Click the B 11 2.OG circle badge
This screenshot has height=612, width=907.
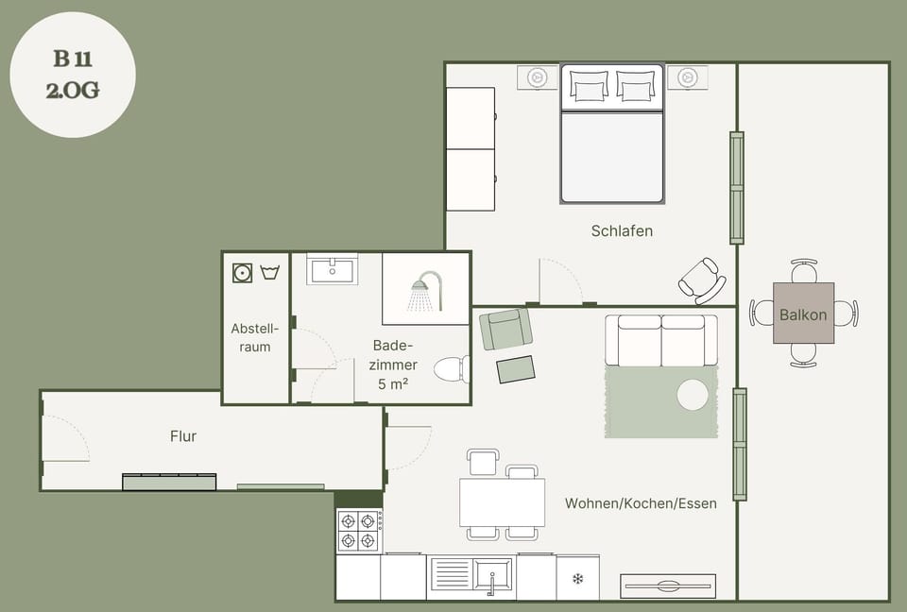point(73,75)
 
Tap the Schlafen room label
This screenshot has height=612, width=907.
point(622,230)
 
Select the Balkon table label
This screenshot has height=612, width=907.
point(803,314)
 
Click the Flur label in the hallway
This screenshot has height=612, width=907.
point(183,436)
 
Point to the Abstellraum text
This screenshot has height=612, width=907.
point(254,337)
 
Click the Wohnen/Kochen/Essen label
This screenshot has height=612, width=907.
point(641,503)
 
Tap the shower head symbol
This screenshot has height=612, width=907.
point(426,291)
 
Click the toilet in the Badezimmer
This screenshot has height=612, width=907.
point(452,369)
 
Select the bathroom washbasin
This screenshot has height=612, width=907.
point(332,269)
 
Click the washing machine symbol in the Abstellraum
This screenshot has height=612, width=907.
point(243,272)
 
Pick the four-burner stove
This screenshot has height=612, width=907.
point(359,531)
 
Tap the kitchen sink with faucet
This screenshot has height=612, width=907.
point(492,575)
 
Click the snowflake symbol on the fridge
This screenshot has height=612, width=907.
point(578,578)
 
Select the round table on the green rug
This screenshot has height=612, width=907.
point(693,395)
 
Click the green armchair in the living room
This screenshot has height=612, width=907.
point(505,329)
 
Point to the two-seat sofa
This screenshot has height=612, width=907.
point(661,341)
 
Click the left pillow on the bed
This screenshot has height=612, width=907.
point(590,86)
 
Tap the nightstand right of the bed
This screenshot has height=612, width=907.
point(688,76)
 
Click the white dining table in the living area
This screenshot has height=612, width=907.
point(502,502)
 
